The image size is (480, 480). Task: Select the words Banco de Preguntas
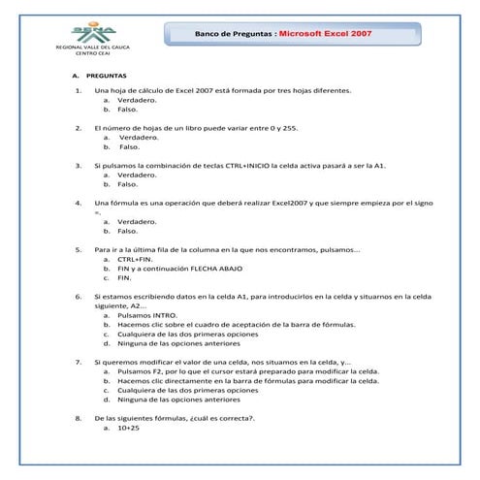234,33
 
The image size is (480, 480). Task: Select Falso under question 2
130,146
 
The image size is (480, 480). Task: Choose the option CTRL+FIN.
135,259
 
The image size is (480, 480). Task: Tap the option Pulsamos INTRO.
147,315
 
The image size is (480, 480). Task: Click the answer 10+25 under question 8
129,427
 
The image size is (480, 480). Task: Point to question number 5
78,249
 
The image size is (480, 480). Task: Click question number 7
78,362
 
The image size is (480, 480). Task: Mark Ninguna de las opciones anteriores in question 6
177,342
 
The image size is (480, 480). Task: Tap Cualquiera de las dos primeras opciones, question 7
175,390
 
